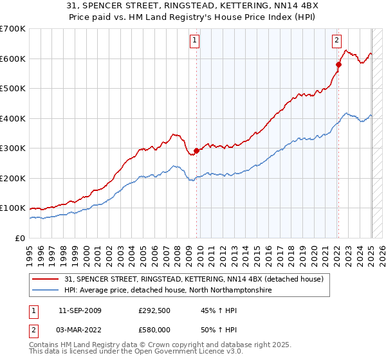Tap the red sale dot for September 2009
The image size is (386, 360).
pos(196,150)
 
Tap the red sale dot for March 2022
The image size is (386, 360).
pos(338,64)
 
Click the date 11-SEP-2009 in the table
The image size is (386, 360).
pos(80,310)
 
